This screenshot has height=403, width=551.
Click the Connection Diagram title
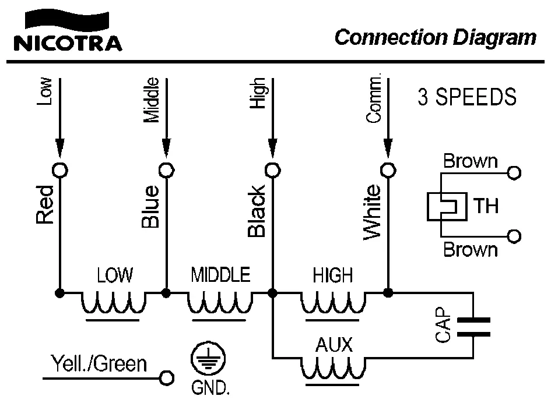[x=435, y=38]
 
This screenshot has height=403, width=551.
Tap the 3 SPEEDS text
[x=467, y=97]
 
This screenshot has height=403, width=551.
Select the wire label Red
[x=45, y=204]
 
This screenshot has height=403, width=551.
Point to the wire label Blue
[x=150, y=206]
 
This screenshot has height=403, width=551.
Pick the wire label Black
[x=257, y=211]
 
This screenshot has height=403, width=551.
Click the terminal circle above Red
[x=59, y=169]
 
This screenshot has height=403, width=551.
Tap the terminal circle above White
[x=388, y=169]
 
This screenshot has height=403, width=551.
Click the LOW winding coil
[x=113, y=303]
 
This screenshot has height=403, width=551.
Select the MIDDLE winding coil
[x=220, y=303]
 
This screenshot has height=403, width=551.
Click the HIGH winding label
[x=333, y=274]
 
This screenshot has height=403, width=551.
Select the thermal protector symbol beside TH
[x=447, y=206]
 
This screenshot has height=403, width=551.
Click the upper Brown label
[x=471, y=161]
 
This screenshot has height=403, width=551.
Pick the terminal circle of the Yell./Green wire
[x=167, y=378]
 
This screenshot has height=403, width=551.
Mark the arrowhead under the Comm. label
[x=388, y=149]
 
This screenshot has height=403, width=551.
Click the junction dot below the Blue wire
[x=166, y=292]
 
